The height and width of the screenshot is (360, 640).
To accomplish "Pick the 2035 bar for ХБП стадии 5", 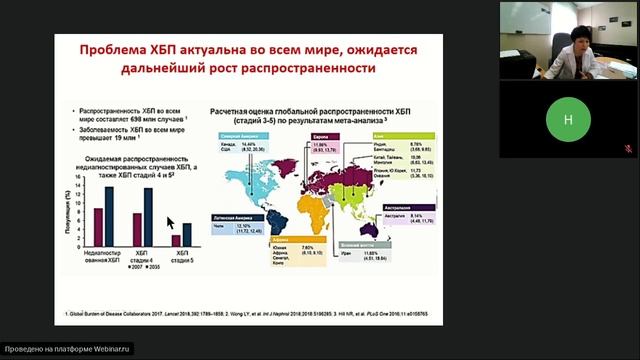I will pos(186,234).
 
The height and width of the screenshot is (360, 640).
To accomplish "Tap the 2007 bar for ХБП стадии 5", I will pos(176,240).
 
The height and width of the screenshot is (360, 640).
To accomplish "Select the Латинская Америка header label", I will pos(232,216).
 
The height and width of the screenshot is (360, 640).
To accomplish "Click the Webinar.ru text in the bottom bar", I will pos(111,351).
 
